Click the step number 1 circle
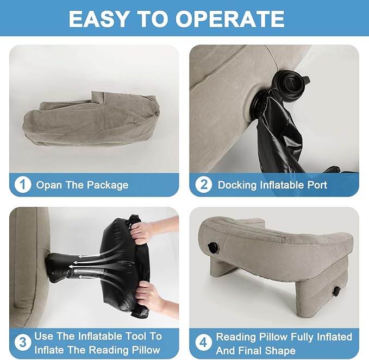click(23, 185)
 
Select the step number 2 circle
click(203, 185)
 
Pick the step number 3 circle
click(23, 343)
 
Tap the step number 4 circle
click(203, 343)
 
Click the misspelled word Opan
click(49, 185)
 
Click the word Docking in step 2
click(237, 185)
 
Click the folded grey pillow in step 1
click(91, 121)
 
